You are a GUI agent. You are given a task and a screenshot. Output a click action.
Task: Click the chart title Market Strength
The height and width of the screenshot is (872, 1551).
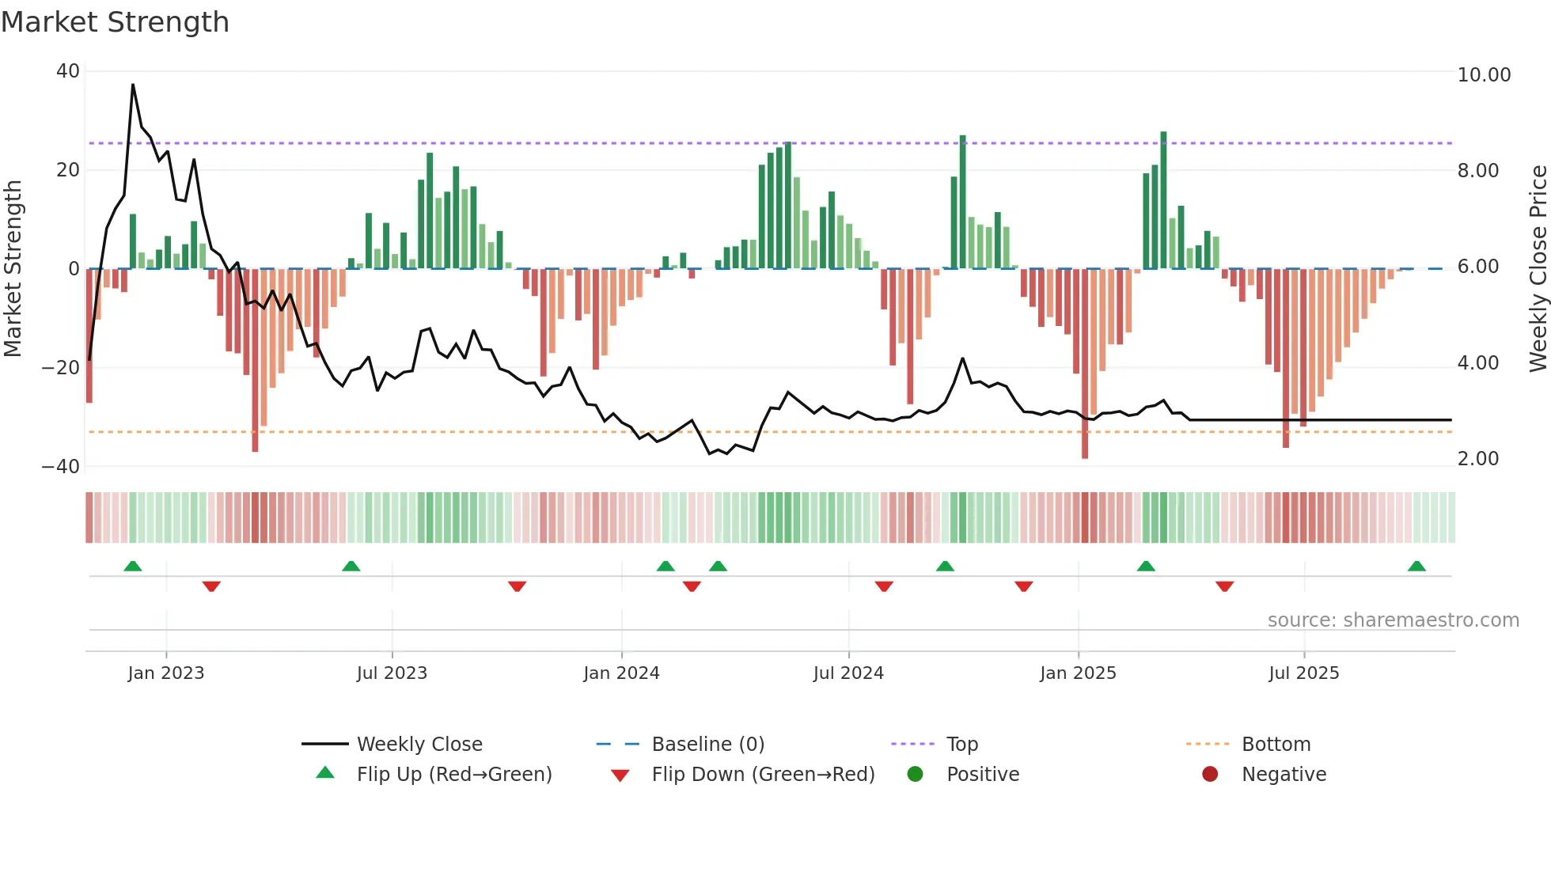115,22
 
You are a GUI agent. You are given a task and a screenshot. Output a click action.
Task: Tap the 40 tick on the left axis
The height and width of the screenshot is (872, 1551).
68,71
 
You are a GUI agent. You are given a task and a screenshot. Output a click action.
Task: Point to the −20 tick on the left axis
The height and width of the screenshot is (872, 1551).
61,368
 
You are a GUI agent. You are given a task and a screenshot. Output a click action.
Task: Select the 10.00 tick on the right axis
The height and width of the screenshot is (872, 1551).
1484,75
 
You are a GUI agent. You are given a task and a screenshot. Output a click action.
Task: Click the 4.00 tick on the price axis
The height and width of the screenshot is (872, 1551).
1477,363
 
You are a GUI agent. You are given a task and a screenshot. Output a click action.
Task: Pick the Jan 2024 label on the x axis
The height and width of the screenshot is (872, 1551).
621,673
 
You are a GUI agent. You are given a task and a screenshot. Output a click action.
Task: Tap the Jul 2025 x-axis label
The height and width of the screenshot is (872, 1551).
1303,673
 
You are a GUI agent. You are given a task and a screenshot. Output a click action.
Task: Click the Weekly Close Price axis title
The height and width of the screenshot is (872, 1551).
1538,268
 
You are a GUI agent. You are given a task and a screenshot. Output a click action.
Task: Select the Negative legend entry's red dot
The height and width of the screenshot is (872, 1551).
1210,775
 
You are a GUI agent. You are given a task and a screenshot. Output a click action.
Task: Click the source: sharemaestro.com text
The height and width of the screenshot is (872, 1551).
1393,620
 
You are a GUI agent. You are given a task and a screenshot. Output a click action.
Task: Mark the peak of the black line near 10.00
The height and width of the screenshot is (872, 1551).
133,85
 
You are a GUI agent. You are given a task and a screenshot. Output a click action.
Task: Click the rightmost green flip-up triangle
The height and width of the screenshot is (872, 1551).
1416,567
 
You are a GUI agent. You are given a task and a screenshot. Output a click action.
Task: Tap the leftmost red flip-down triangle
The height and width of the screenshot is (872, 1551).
211,586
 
